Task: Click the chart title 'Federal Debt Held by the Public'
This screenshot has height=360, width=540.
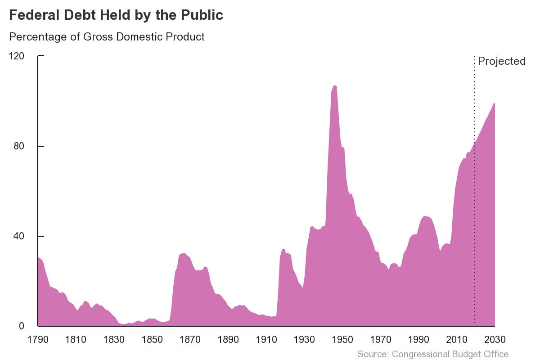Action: [x=116, y=15]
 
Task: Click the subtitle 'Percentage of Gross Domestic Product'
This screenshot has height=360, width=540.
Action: [x=107, y=37]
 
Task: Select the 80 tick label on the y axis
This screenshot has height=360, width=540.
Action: [x=20, y=146]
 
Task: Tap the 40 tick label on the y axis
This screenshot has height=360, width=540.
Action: [x=20, y=236]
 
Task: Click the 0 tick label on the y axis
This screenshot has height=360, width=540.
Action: [x=22, y=326]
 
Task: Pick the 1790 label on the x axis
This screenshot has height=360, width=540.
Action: [x=38, y=339]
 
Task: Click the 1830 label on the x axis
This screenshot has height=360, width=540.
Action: [x=114, y=339]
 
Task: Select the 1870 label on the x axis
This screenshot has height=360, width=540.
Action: [x=190, y=339]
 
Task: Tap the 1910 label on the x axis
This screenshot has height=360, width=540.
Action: [x=266, y=339]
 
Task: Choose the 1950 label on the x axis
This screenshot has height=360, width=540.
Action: [x=342, y=339]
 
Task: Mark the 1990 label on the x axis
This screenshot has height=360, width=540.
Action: [x=418, y=339]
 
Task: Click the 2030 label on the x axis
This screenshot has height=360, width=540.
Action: [x=495, y=339]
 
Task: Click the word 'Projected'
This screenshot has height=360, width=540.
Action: [x=501, y=61]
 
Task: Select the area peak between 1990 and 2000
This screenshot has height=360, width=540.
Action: [x=425, y=216]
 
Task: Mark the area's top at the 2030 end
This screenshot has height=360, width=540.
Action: [x=494, y=103]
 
